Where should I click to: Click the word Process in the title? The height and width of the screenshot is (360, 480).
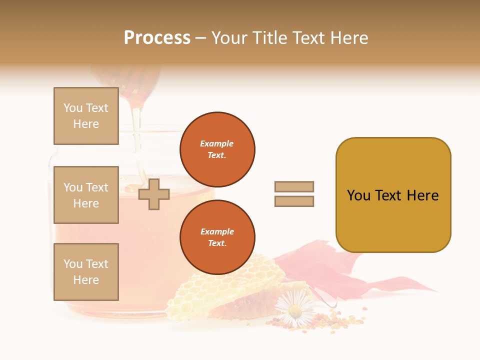157,38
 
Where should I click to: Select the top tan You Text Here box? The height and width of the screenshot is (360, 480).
86,116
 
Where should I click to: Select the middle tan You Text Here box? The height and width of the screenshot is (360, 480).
86,195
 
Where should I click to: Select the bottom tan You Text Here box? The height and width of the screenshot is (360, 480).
86,272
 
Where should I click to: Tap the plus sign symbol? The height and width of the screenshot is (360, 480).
153,194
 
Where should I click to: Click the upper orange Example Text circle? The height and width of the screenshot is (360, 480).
217,149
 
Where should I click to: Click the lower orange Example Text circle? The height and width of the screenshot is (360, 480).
217,237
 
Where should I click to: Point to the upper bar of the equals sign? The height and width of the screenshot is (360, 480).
294,186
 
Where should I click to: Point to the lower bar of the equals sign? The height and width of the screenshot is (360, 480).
294,201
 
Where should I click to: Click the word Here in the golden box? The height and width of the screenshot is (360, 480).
422,195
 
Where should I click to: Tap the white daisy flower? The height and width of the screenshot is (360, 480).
295,308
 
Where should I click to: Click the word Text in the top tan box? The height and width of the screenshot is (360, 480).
97,108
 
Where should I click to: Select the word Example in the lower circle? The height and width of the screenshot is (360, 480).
217,231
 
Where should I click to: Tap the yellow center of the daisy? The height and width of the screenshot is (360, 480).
295,310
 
